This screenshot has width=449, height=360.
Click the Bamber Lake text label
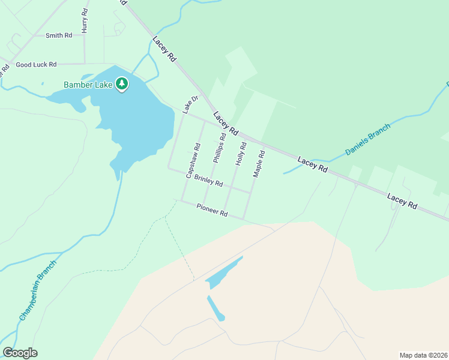pos(88,85)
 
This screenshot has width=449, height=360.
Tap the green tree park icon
pos(122,84)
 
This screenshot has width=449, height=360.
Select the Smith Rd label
pos(59,35)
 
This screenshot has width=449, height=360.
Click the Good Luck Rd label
pos(36,64)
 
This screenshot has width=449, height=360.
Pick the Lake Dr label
pos(190,105)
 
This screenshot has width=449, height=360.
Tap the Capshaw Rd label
pos(193,160)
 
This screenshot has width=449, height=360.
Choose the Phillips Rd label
pos(219,148)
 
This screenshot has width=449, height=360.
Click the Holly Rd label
pos(241,154)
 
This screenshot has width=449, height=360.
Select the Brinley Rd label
pos(209,181)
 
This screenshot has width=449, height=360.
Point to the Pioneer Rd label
pos(212,210)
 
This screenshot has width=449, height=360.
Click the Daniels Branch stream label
pos(367,140)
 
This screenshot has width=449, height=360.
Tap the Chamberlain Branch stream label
pos(37,289)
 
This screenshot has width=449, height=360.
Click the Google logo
pos(20,353)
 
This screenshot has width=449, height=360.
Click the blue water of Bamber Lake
pos(132,120)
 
